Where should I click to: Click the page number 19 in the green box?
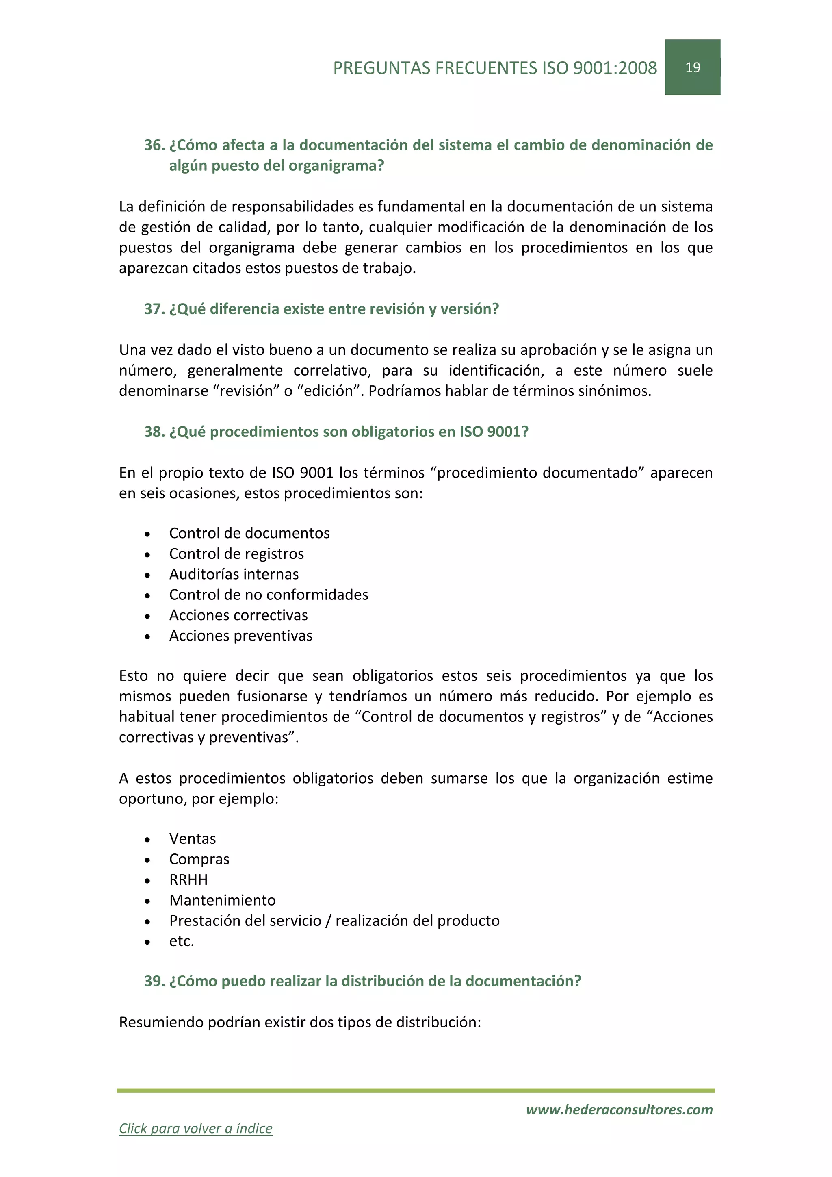[692, 67]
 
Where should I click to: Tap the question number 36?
[153, 145]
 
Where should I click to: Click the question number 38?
[153, 432]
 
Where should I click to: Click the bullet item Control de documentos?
[249, 533]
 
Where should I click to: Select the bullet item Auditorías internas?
[234, 574]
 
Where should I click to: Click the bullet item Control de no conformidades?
[269, 595]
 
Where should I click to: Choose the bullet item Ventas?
[192, 839]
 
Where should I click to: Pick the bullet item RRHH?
[188, 879]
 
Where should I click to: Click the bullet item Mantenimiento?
[222, 900]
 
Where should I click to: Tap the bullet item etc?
[181, 941]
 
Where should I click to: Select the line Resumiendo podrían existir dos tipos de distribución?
[300, 1022]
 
